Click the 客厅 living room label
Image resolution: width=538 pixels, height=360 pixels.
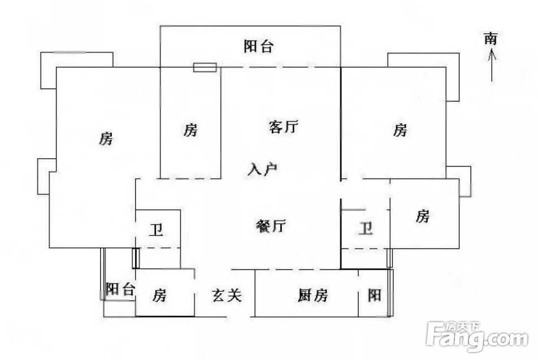click(x=284, y=127)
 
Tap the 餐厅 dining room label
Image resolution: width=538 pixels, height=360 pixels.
click(x=271, y=226)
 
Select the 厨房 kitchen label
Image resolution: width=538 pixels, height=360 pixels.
click(x=313, y=295)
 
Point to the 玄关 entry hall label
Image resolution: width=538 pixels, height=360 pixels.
click(x=227, y=295)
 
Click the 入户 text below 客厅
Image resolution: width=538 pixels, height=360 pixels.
click(x=262, y=169)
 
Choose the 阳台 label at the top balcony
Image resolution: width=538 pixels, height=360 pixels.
click(x=258, y=46)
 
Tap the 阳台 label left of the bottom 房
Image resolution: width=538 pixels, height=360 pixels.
click(x=119, y=289)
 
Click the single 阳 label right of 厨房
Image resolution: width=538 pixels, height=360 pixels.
click(x=374, y=295)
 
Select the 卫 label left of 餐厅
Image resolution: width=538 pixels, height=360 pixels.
click(x=157, y=230)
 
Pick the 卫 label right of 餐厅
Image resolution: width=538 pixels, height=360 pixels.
click(x=366, y=228)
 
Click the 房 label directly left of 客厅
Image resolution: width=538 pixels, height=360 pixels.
click(x=190, y=130)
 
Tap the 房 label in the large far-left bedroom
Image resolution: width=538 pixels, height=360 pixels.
click(x=106, y=138)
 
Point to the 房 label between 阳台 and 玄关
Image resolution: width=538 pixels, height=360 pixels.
click(x=159, y=295)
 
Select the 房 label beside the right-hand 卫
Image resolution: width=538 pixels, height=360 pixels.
click(x=422, y=216)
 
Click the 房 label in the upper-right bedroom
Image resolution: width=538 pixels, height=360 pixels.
click(x=400, y=130)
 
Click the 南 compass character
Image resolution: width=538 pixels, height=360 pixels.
click(x=491, y=38)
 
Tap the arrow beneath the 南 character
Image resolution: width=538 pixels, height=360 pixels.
click(x=492, y=66)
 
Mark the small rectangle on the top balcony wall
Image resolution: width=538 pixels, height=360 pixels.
click(x=205, y=67)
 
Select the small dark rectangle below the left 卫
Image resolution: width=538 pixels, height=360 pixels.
click(x=136, y=258)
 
